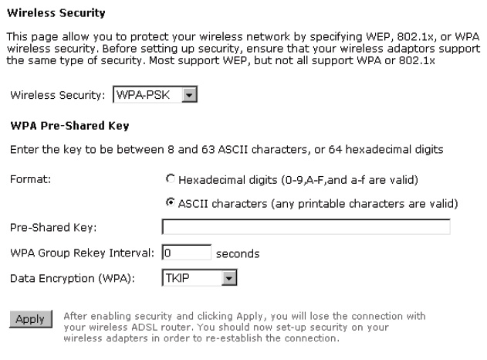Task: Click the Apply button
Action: point(31,319)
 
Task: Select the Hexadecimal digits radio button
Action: point(171,178)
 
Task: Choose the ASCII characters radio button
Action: point(171,202)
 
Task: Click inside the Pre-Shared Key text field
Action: point(306,226)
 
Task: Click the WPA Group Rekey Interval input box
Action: point(186,252)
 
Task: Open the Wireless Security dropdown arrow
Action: point(189,94)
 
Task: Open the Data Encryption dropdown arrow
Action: point(229,277)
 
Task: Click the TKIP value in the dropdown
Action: point(178,277)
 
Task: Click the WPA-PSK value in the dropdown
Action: point(144,94)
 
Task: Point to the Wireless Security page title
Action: point(56,13)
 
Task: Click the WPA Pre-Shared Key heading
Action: point(69,126)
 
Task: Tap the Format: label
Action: point(30,179)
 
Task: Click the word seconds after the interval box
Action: point(238,253)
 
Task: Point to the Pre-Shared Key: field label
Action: point(53,227)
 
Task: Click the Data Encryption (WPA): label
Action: point(73,278)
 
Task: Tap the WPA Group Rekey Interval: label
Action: point(82,253)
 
